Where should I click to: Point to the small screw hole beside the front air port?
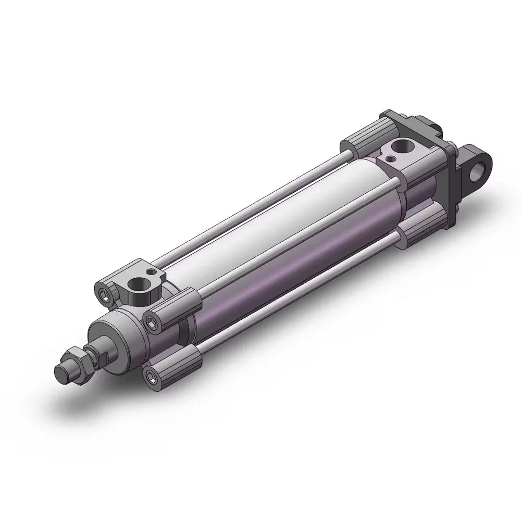[151, 271]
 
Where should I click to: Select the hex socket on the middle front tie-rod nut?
[152, 324]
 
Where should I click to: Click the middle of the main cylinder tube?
[281, 229]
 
